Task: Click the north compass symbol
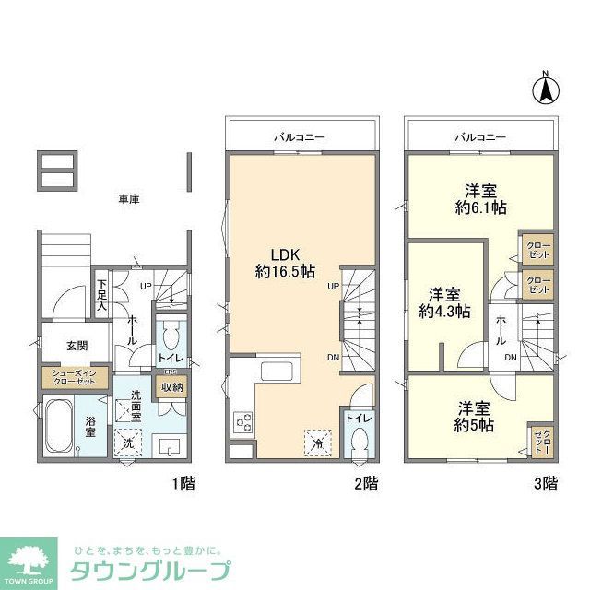(545, 89)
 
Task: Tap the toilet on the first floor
(171, 336)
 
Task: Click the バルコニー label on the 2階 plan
(300, 137)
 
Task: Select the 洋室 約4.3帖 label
(445, 303)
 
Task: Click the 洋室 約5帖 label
(473, 416)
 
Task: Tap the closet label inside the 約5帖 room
(539, 441)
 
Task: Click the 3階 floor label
(546, 482)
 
